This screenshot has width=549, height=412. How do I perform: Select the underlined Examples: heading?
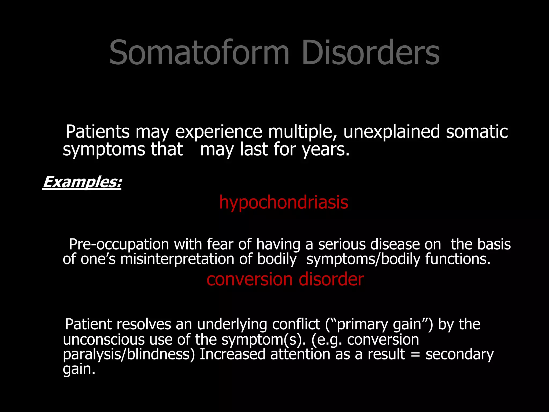click(82, 182)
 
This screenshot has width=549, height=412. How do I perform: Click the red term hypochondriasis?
click(284, 203)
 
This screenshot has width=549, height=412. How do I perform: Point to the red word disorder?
click(331, 279)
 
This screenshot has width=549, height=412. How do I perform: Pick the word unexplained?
click(392, 132)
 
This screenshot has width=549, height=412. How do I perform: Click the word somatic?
click(477, 132)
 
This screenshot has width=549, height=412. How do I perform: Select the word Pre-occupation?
click(119, 244)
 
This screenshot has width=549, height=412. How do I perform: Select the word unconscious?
click(104, 340)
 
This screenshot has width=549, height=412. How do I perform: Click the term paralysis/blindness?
click(129, 354)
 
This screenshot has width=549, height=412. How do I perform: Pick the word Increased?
click(232, 354)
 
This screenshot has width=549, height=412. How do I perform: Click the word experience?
click(218, 132)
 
